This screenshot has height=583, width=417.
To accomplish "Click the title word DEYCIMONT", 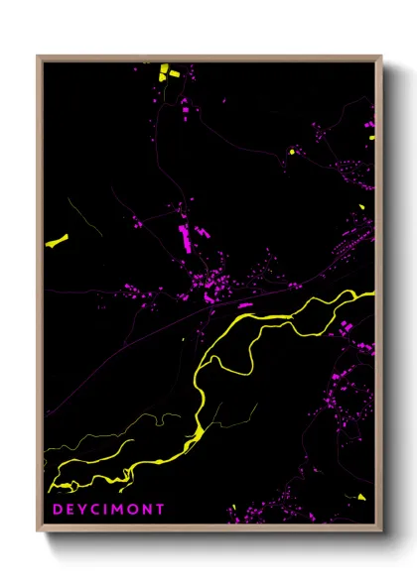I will click(108, 510).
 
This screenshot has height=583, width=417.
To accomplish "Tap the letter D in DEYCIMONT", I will click(57, 510).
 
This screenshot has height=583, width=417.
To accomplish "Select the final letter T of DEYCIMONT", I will click(161, 510).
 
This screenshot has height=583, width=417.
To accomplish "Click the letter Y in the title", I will click(82, 510).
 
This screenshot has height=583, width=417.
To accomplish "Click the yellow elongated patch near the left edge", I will click(57, 240).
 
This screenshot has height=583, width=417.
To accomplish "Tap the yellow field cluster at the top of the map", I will click(164, 72).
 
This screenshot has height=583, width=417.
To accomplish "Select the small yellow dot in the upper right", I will click(292, 151).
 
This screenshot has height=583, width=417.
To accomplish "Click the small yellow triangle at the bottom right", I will click(361, 496).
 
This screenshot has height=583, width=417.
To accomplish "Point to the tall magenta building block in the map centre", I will click(184, 239).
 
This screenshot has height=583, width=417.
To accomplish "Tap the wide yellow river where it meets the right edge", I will click(367, 296).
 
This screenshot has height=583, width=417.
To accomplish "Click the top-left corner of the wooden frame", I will click(38, 57).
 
